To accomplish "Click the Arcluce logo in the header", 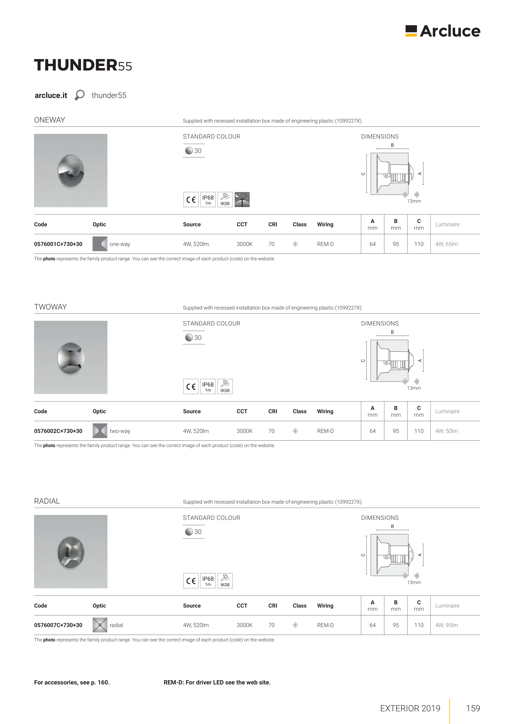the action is [443, 31].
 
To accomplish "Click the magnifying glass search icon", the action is [80, 95].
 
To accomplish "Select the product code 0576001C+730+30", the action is [58, 244].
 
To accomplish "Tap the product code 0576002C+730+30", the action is [58, 431].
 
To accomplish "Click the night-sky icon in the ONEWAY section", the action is [242, 200].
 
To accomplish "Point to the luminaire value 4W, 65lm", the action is [446, 244].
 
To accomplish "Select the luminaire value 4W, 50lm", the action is [446, 431].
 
